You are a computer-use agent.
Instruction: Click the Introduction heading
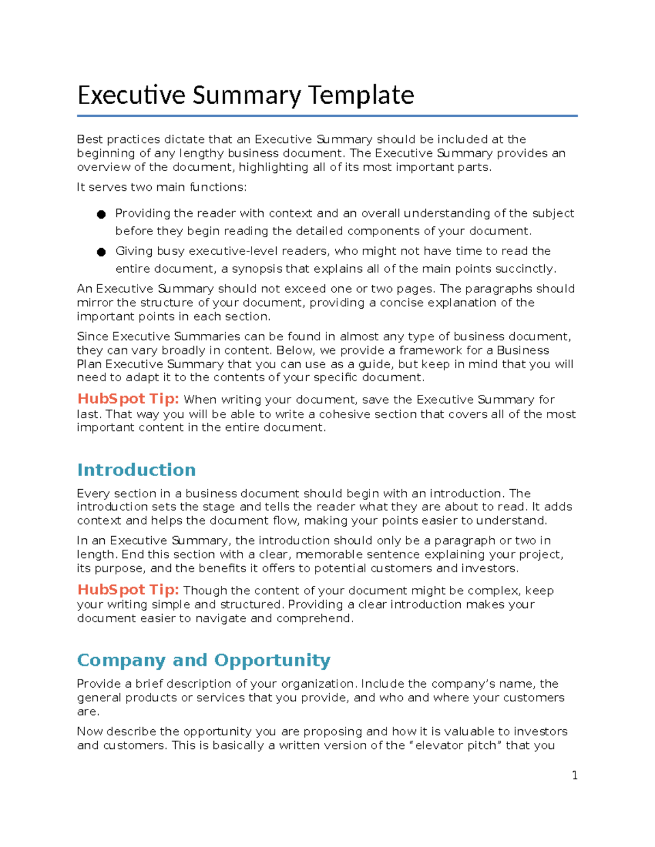click(136, 470)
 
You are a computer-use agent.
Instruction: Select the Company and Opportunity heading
click(204, 660)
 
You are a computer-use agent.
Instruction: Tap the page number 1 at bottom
click(574, 776)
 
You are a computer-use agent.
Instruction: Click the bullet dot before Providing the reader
click(101, 215)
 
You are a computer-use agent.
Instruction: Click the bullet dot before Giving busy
click(101, 252)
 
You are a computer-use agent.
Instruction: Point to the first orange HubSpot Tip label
click(128, 399)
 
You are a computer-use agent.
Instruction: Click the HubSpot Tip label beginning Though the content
click(128, 590)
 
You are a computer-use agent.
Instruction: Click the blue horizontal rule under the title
click(327, 116)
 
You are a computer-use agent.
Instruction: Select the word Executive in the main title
click(132, 95)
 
